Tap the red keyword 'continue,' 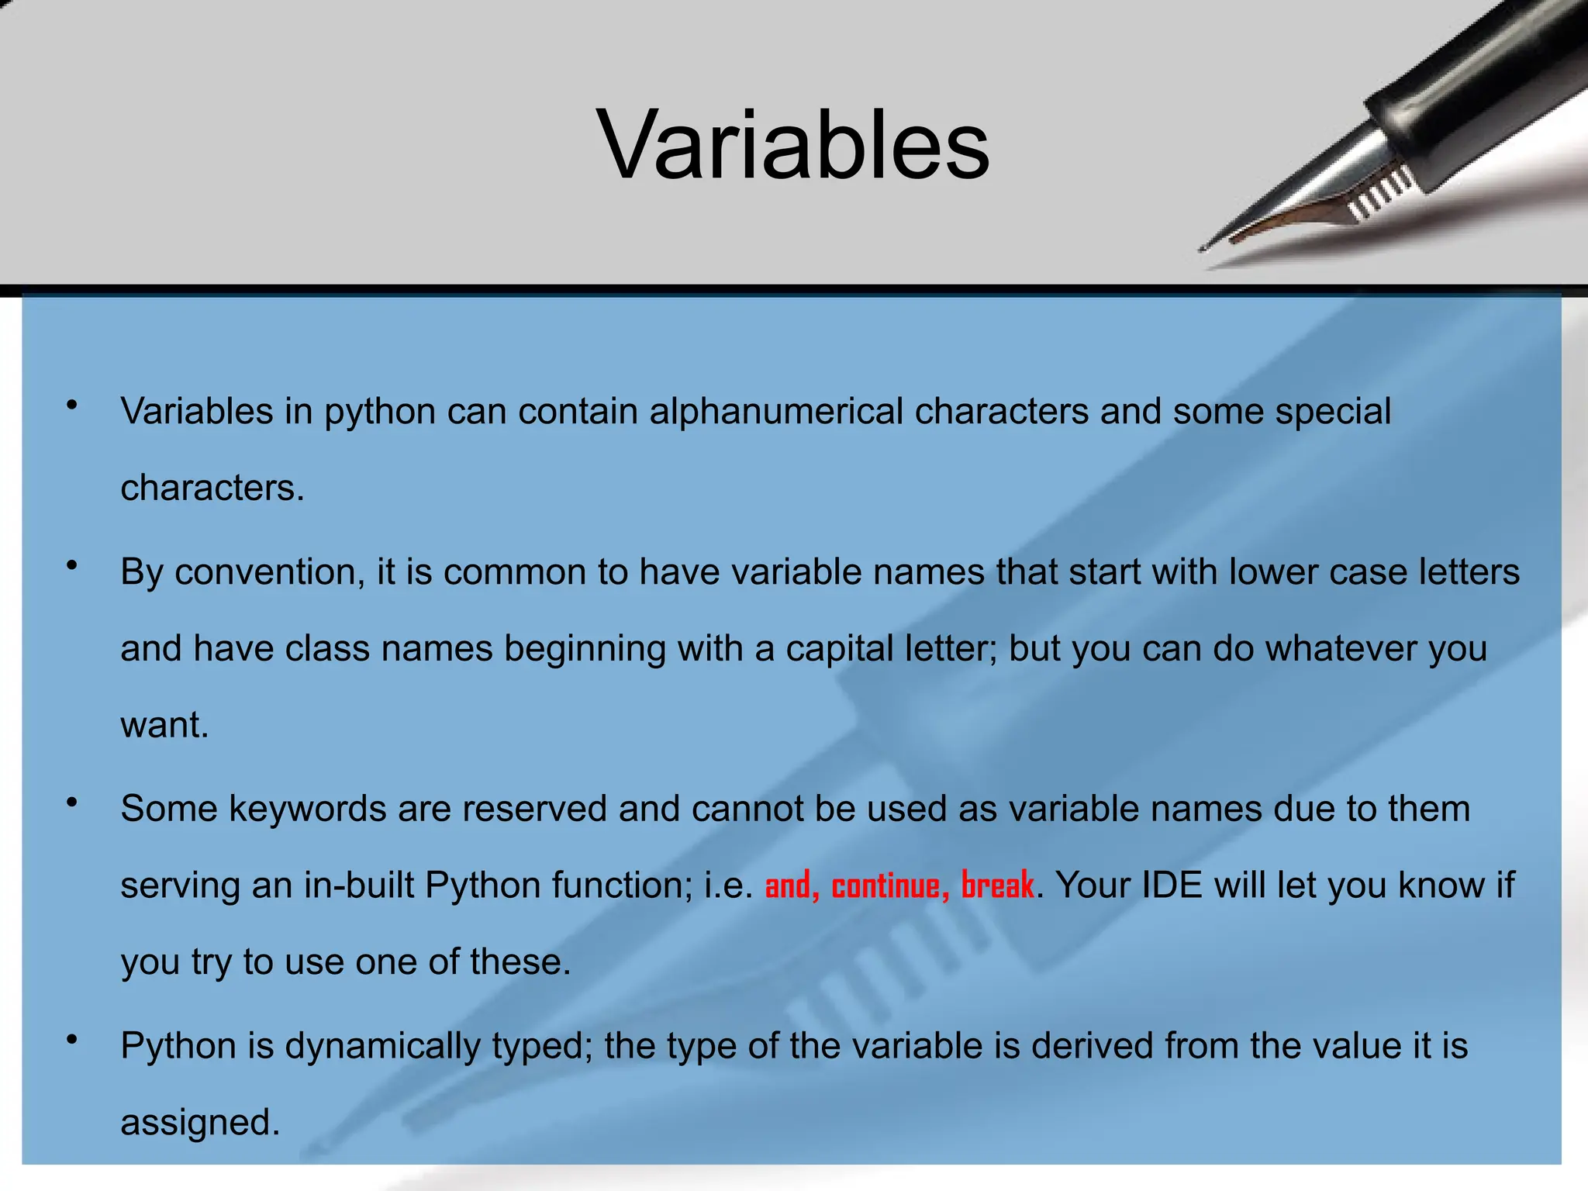pyautogui.click(x=890, y=885)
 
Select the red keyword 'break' pyautogui.click(x=997, y=885)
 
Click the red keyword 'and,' pyautogui.click(x=792, y=885)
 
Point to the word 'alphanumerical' pyautogui.click(x=776, y=411)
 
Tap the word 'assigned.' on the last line pyautogui.click(x=200, y=1122)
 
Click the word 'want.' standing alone pyautogui.click(x=164, y=725)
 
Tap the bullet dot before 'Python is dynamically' pyautogui.click(x=72, y=1040)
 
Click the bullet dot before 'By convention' pyautogui.click(x=72, y=566)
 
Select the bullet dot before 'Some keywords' pyautogui.click(x=72, y=803)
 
